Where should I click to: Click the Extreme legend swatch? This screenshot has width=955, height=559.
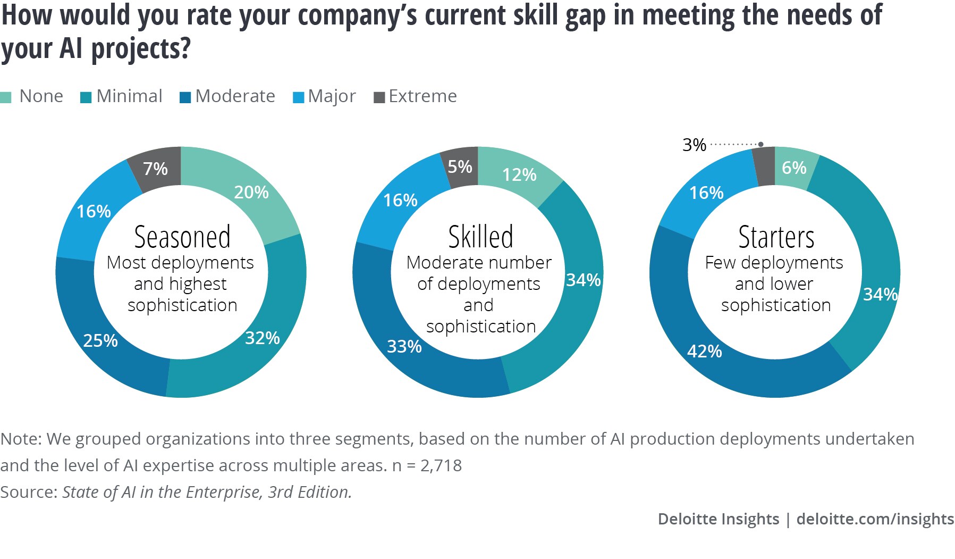coord(379,97)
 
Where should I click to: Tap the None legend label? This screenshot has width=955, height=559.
coord(41,96)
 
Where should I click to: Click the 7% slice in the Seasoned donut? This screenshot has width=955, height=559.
coord(156,169)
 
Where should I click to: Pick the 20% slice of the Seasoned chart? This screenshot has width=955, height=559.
coord(251,192)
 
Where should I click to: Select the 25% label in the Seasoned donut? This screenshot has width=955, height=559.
coord(100,340)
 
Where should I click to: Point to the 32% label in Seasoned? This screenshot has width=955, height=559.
coord(263,338)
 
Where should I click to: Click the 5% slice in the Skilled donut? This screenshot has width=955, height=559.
coord(460,167)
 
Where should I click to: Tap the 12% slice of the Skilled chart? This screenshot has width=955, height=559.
coord(519,174)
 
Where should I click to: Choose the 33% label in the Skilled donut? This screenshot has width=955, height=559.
coord(404,346)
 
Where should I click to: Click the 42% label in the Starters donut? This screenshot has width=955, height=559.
coord(705,351)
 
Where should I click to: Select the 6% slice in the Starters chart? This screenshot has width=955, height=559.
coord(794,168)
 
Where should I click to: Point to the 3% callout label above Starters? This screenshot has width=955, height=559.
coord(694,145)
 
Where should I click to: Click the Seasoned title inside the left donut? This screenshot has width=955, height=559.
coord(182,237)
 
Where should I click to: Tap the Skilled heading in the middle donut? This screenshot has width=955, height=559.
coord(480,237)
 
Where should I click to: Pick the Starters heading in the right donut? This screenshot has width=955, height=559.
coord(776,237)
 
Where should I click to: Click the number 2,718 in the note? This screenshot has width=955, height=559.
coord(441,465)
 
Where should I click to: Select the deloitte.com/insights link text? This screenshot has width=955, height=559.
coord(875,519)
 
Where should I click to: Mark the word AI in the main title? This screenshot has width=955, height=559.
coord(71,49)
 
